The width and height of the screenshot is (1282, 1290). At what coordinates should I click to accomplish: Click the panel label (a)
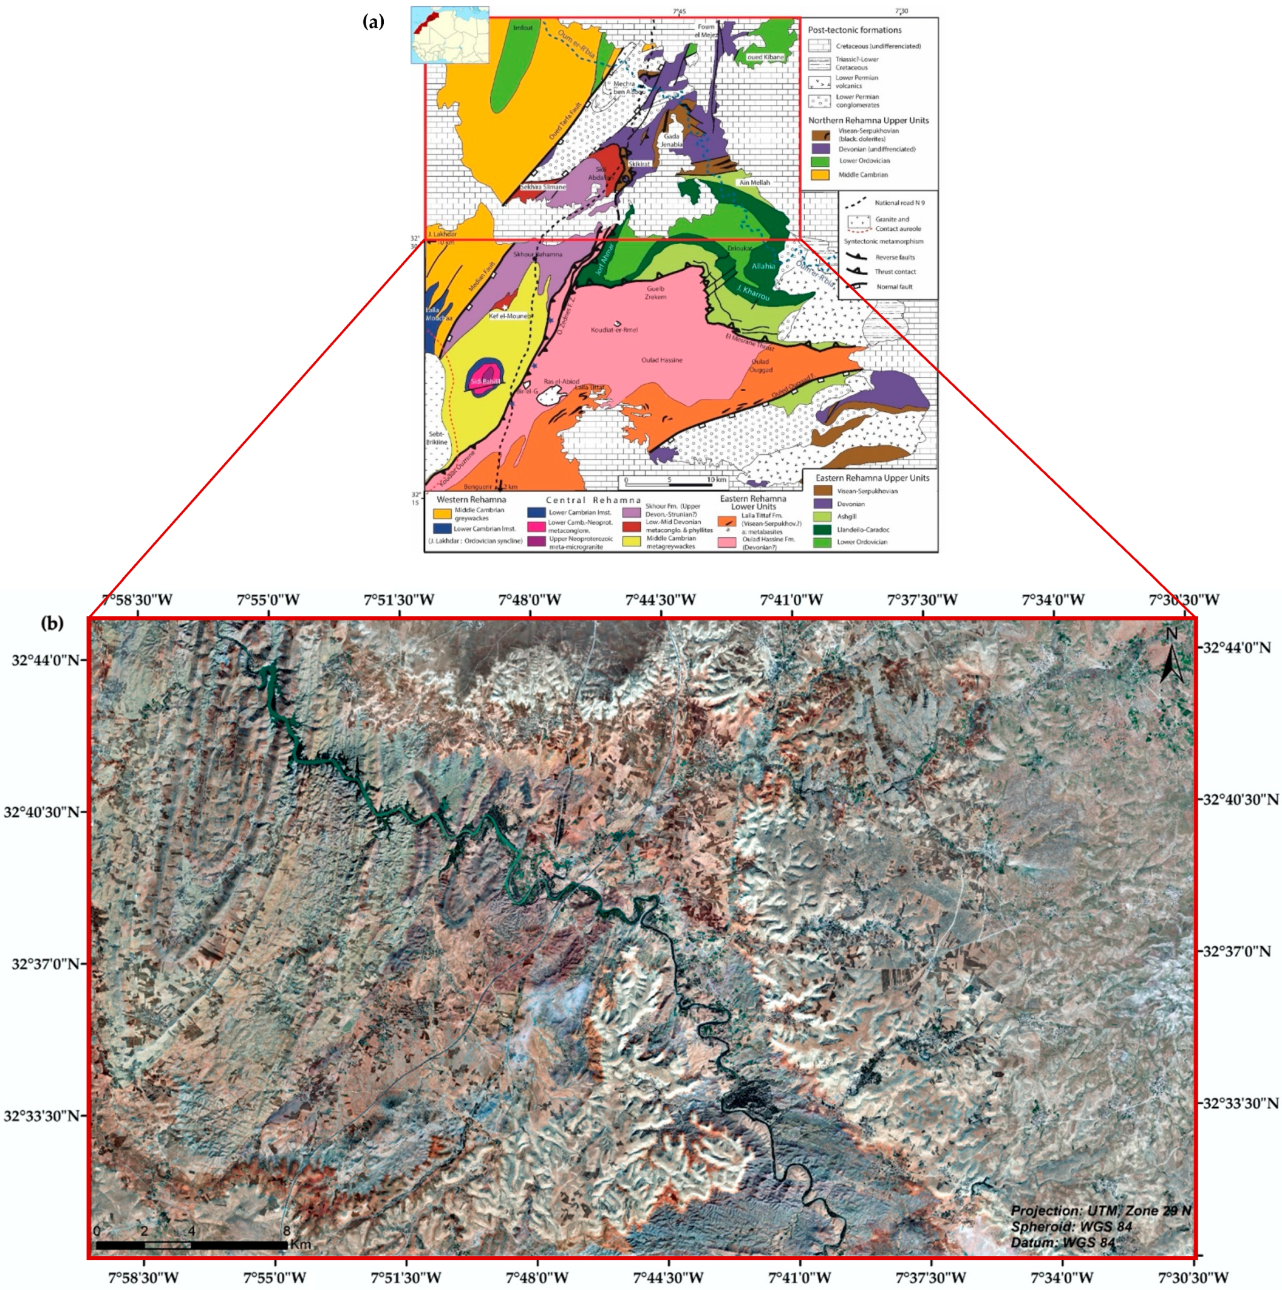coord(373,22)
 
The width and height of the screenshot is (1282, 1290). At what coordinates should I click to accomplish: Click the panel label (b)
coord(52,624)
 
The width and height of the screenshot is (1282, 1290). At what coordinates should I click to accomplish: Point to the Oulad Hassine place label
coord(662,360)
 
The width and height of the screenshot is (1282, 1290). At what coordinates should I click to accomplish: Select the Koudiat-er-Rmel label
coord(615,330)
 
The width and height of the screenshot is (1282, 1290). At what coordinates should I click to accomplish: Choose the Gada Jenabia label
coord(672,140)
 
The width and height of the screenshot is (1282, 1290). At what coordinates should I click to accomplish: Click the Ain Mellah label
coord(754,182)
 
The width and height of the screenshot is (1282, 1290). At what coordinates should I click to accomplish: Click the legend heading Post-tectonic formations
coord(854,30)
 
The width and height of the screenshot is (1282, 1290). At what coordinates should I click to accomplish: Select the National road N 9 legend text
coord(899,202)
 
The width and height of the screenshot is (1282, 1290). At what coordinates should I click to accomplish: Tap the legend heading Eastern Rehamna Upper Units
coord(872,478)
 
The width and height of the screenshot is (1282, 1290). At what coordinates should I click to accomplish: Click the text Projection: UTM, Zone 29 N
coord(1100,1210)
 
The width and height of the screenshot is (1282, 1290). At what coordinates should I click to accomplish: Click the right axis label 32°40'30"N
coord(1235,799)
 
